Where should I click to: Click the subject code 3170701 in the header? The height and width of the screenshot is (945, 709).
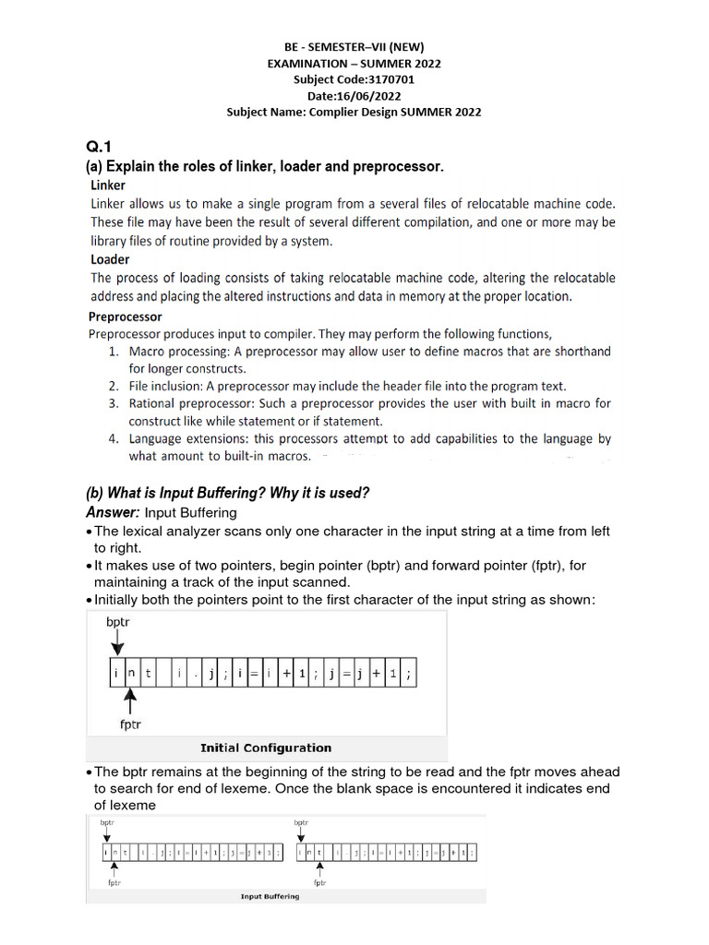click(x=386, y=79)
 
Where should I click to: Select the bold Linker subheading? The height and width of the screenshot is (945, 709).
click(x=108, y=185)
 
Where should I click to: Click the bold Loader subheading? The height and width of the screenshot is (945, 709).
click(x=110, y=259)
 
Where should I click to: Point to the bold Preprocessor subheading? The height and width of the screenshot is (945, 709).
click(x=125, y=317)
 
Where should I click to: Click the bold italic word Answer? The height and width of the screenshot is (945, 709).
click(x=113, y=511)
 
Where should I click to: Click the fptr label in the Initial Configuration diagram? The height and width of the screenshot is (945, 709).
click(x=130, y=724)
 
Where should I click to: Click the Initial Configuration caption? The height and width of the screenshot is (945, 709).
click(x=266, y=748)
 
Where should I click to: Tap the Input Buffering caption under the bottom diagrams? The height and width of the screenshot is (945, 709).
click(x=270, y=896)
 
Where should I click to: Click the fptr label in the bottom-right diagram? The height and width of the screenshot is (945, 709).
click(x=319, y=882)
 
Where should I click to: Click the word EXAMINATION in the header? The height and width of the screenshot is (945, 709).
click(x=306, y=64)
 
